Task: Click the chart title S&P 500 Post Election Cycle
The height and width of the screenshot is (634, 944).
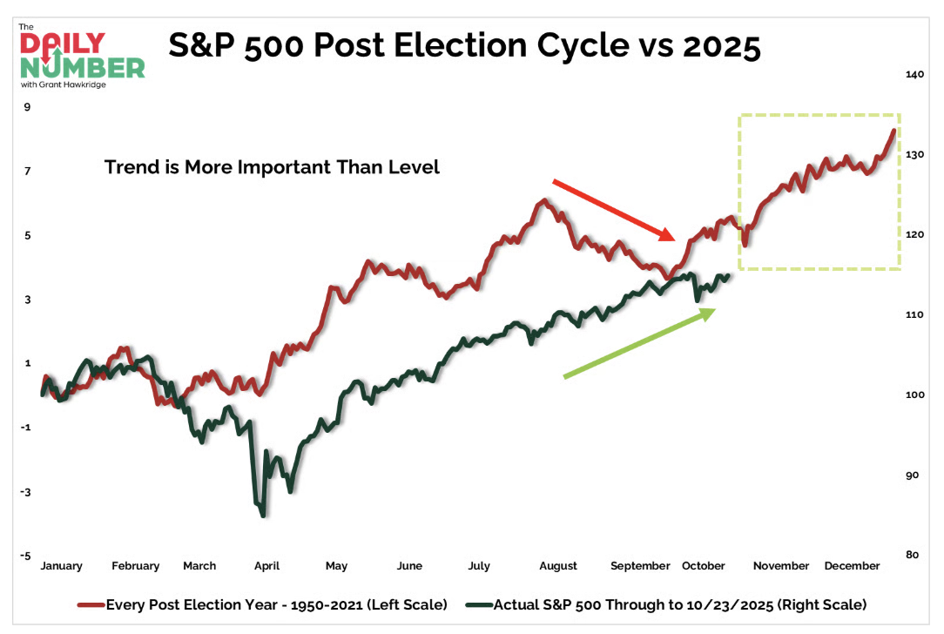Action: (464, 45)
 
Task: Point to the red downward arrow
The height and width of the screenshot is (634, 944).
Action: (613, 210)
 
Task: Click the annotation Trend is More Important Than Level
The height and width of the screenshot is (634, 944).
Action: (272, 167)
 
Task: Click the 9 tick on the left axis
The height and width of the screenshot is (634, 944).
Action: (27, 107)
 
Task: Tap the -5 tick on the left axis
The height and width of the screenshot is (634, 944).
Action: (27, 556)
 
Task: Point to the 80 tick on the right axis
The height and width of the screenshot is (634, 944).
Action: (913, 555)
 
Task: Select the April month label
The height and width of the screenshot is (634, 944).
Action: (266, 566)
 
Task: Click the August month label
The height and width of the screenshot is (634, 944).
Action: (558, 566)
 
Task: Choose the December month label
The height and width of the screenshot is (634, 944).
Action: (852, 566)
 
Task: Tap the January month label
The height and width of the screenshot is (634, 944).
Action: (61, 566)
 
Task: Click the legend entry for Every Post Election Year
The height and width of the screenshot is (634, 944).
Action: (271, 603)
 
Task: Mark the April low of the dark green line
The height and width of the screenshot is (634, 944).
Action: (262, 515)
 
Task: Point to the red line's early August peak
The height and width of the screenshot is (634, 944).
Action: (543, 201)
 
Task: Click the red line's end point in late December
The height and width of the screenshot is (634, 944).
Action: (893, 131)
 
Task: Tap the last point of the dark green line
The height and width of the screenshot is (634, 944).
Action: (727, 275)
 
